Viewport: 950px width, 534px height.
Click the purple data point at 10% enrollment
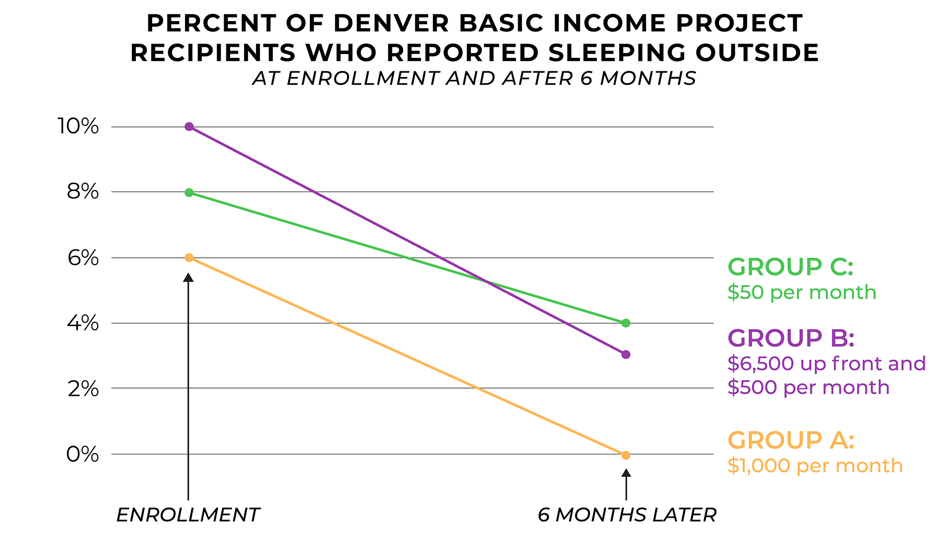coord(189,127)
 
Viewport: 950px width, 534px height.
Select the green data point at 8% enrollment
coord(189,192)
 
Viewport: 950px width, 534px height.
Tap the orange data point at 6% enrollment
coord(189,258)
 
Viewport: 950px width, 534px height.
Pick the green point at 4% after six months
coord(626,323)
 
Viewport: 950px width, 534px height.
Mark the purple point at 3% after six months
coord(626,355)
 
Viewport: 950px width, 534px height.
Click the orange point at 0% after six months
coord(626,455)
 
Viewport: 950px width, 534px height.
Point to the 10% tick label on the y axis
coord(77,127)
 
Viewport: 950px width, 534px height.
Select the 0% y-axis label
coord(83,455)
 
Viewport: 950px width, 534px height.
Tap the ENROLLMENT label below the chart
coord(188,515)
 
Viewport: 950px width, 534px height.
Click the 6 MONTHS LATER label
coord(627,515)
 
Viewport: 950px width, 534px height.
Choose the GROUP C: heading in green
coord(790,267)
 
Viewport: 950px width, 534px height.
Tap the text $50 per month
coord(802,292)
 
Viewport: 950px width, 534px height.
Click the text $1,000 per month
coord(815,465)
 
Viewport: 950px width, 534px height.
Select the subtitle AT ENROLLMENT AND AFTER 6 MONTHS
coord(474,78)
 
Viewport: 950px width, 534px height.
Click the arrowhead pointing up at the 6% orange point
coord(188,277)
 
